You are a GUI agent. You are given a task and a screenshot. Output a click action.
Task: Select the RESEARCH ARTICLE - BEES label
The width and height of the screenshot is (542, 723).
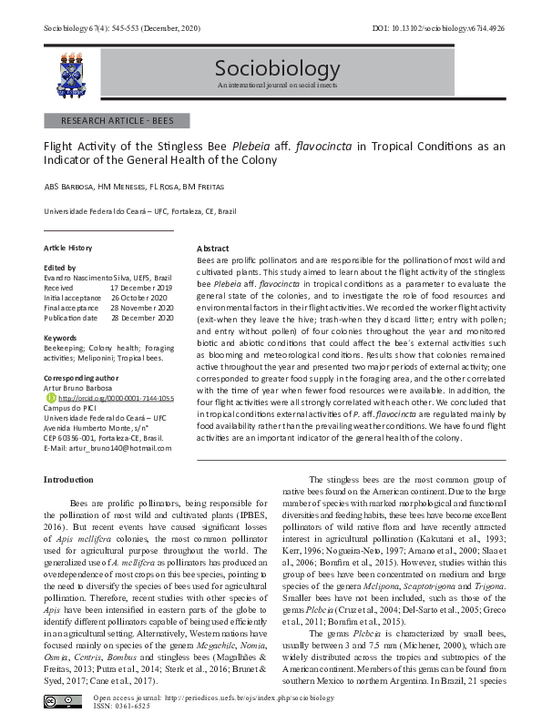coord(117,121)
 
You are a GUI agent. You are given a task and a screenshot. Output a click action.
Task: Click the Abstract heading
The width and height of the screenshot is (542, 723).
coord(212,249)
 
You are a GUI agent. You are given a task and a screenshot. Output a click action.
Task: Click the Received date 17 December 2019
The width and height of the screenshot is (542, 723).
coord(141,287)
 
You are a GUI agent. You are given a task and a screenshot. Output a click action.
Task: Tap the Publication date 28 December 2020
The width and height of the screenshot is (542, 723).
coord(141,319)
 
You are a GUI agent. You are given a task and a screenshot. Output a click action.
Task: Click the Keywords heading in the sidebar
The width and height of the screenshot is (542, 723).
coord(61,338)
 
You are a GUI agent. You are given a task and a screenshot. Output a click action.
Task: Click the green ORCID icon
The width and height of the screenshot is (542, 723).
coord(49,397)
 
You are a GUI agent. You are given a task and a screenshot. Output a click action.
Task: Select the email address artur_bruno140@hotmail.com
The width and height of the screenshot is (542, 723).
coord(114,448)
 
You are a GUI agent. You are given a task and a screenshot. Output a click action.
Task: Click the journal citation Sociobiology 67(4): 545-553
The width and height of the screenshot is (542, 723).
coord(110,29)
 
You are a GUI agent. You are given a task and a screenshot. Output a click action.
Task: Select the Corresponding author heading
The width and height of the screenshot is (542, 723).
coord(81,376)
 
